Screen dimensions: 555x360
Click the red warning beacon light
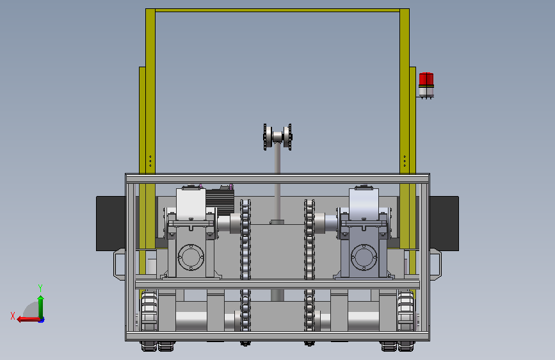[426, 85]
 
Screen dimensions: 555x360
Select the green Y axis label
[40, 288]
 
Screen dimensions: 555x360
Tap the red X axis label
[13, 316]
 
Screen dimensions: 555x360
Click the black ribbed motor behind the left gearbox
[220, 200]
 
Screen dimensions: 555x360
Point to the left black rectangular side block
[111, 224]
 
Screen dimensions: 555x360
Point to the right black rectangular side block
[444, 224]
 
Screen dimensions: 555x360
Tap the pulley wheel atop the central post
[278, 137]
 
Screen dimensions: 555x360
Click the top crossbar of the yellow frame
[278, 10]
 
